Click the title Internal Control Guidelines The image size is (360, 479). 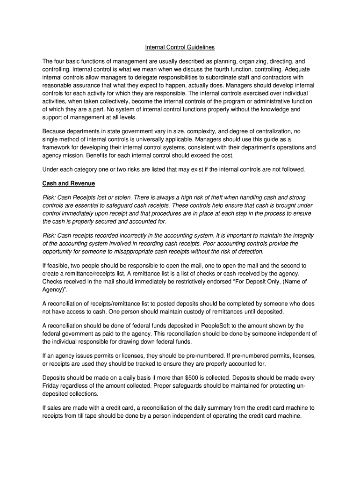180,47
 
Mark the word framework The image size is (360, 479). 58,147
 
